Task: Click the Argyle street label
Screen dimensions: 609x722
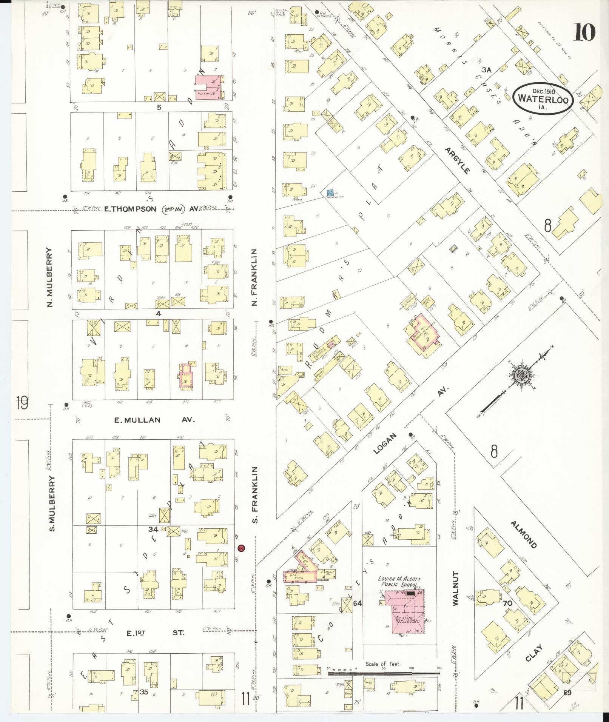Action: pos(457,160)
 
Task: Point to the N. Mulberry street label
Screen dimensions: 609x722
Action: pos(50,277)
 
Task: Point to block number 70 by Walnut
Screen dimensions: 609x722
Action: pos(507,603)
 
